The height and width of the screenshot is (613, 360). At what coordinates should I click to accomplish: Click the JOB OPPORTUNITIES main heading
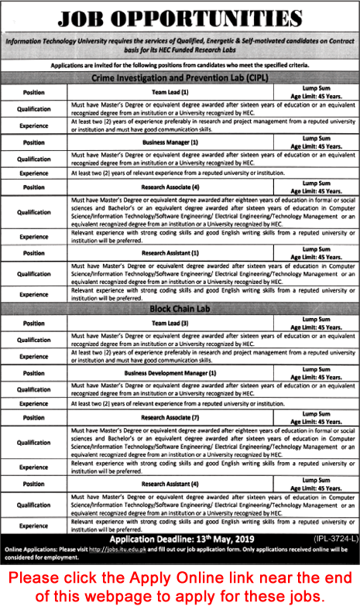[180, 19]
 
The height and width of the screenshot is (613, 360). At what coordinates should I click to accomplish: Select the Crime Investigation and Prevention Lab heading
[180, 79]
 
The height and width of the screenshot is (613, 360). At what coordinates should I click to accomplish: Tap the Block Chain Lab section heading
[180, 309]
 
